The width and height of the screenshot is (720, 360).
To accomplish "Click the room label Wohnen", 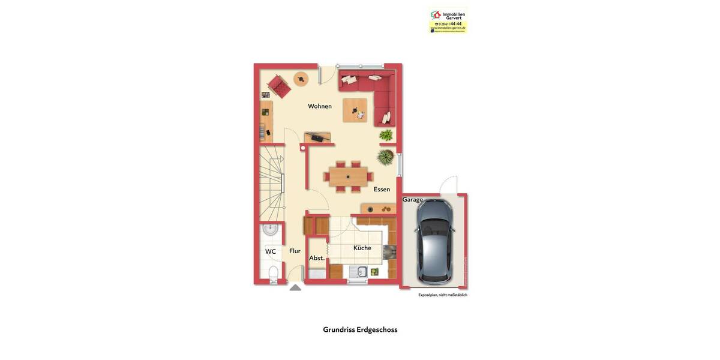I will [320, 106].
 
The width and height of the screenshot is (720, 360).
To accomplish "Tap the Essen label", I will [382, 189].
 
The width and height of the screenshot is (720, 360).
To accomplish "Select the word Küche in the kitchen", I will [362, 248].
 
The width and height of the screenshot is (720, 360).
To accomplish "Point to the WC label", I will [271, 251].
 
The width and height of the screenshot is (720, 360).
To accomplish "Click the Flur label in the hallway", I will [295, 251].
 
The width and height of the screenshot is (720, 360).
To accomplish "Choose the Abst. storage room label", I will [317, 258].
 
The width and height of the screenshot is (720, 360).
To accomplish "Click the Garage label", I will [412, 200].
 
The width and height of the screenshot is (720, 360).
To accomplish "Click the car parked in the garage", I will [434, 241].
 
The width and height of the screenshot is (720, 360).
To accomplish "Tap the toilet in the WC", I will [273, 274].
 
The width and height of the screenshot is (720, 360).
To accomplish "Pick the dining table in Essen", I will [348, 176].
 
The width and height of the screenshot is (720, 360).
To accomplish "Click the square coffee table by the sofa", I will [355, 110].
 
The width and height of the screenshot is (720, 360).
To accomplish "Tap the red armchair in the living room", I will [279, 85].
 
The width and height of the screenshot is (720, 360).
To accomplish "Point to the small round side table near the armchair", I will [301, 78].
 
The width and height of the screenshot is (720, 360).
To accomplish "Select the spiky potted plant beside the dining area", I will [385, 157].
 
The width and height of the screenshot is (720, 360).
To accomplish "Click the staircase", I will [271, 183].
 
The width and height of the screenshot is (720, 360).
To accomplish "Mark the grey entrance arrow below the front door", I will [295, 287].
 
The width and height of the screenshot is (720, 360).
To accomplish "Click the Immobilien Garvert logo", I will [448, 20].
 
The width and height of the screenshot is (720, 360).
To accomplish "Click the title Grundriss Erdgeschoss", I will [360, 329].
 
